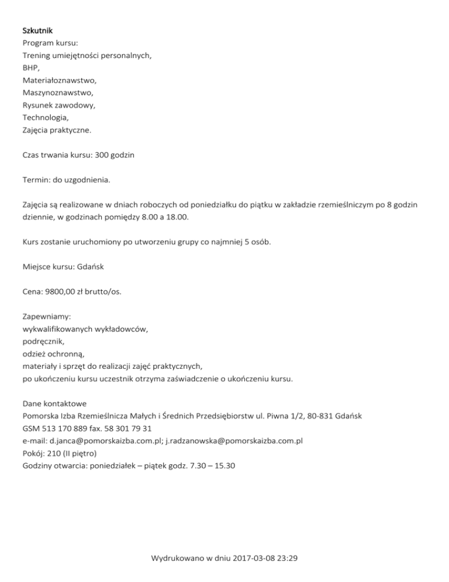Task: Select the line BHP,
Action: coord(31,68)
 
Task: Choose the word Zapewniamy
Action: coord(46,317)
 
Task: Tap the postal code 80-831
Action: coord(316,416)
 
